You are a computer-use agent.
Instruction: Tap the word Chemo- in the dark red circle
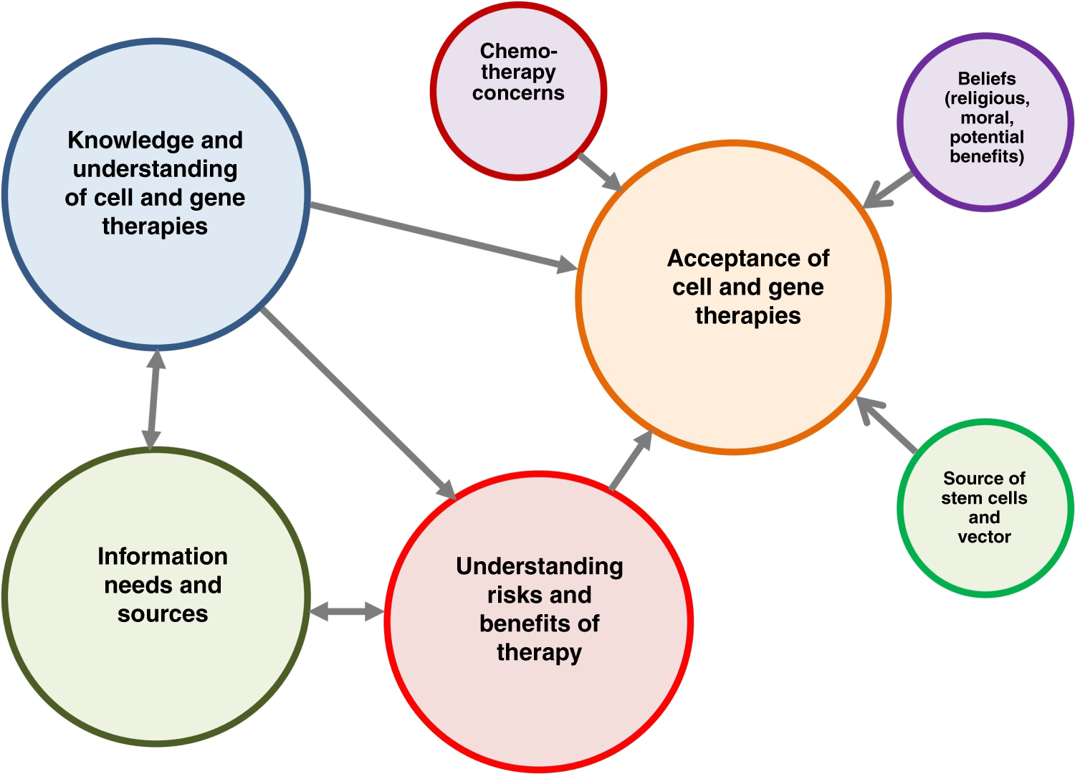(518, 52)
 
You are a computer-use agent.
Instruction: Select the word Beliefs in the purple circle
(987, 79)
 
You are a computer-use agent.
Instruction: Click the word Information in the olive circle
(163, 557)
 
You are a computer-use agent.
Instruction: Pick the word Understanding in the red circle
(540, 567)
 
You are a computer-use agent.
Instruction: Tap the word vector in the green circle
(984, 537)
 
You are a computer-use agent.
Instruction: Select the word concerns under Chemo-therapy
(518, 93)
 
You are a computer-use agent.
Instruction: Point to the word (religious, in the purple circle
(987, 98)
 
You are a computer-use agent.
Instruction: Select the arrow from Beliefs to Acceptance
(889, 189)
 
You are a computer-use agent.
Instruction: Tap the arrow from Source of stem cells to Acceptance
(887, 424)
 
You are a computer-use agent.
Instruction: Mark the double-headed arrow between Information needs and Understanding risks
(347, 612)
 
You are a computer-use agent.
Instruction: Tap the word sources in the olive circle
(163, 614)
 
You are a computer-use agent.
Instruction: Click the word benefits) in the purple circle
(987, 156)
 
